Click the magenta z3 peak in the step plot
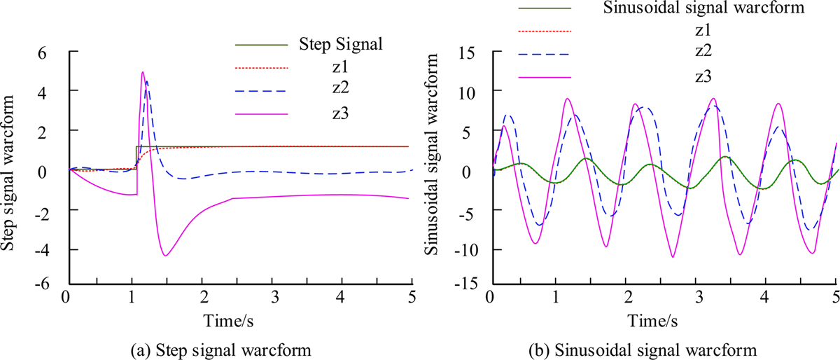[143, 71]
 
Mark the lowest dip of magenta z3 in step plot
[165, 256]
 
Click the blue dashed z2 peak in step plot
[147, 81]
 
